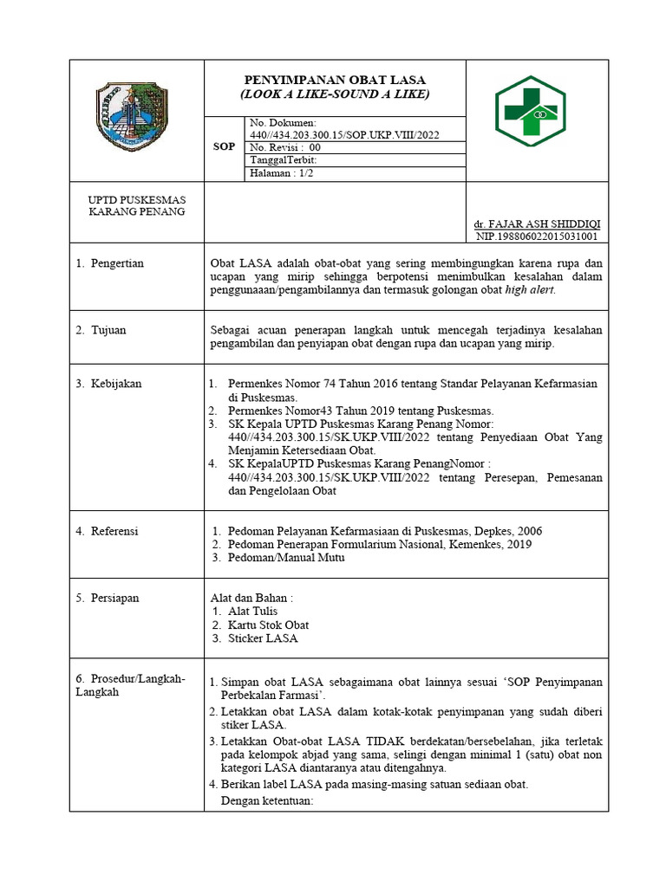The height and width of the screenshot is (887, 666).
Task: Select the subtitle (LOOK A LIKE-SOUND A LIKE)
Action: click(335, 94)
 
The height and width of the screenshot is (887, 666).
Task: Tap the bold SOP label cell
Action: click(224, 147)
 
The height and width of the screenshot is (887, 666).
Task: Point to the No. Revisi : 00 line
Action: click(285, 147)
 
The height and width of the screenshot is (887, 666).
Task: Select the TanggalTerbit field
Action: click(284, 160)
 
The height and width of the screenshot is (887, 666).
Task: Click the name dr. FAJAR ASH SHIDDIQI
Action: click(537, 223)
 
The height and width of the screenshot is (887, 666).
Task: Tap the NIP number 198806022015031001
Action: click(537, 236)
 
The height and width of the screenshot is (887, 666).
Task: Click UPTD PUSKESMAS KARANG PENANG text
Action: click(136, 206)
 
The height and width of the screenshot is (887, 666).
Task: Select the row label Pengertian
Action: click(117, 263)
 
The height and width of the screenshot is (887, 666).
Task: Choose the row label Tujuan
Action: click(109, 330)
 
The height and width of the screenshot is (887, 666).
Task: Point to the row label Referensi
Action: click(114, 531)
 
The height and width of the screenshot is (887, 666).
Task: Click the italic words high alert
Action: click(528, 289)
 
